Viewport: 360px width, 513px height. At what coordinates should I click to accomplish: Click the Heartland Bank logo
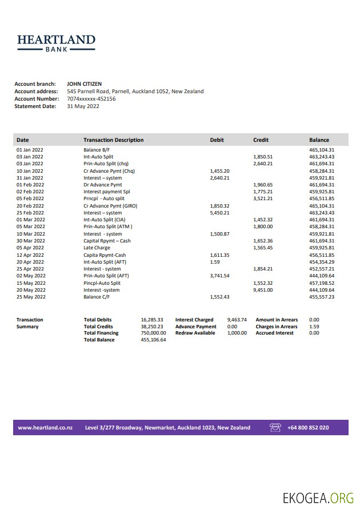pyautogui.click(x=56, y=43)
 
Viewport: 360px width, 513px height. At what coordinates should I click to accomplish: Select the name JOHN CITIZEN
pyautogui.click(x=84, y=84)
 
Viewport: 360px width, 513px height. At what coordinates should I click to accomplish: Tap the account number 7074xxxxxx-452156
pyautogui.click(x=91, y=99)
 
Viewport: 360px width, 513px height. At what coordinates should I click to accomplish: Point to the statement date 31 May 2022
pyautogui.click(x=83, y=106)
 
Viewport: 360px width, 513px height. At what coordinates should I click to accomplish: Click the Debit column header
pyautogui.click(x=217, y=140)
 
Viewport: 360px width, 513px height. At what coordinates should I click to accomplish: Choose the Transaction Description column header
pyautogui.click(x=113, y=140)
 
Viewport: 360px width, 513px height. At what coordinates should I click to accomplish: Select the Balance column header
pyautogui.click(x=319, y=140)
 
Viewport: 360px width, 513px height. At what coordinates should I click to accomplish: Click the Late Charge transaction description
pyautogui.click(x=97, y=248)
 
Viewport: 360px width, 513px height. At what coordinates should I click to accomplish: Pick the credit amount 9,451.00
pyautogui.click(x=263, y=290)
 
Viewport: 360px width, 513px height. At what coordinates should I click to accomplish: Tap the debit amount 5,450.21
pyautogui.click(x=219, y=213)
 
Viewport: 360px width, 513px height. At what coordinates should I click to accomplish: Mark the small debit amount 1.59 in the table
pyautogui.click(x=214, y=262)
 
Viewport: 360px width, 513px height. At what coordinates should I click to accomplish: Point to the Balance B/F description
pyautogui.click(x=97, y=150)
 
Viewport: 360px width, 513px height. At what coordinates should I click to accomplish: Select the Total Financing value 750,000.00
pyautogui.click(x=153, y=333)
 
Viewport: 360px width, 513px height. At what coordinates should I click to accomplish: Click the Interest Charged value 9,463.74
pyautogui.click(x=237, y=320)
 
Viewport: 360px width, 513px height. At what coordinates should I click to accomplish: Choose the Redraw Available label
pyautogui.click(x=195, y=333)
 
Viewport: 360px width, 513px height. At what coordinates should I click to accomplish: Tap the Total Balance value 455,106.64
pyautogui.click(x=153, y=340)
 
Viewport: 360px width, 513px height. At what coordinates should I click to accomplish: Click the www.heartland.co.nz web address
pyautogui.click(x=45, y=428)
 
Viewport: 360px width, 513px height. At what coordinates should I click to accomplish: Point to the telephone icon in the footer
pyautogui.click(x=275, y=427)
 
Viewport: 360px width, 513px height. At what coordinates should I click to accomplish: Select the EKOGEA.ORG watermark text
pyautogui.click(x=318, y=498)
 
